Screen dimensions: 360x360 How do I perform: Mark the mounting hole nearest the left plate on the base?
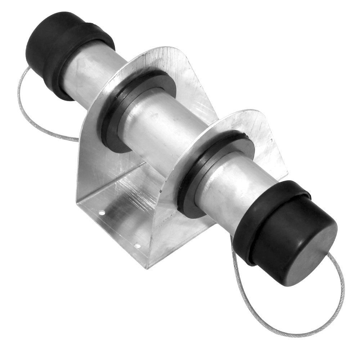pos(102,213)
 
